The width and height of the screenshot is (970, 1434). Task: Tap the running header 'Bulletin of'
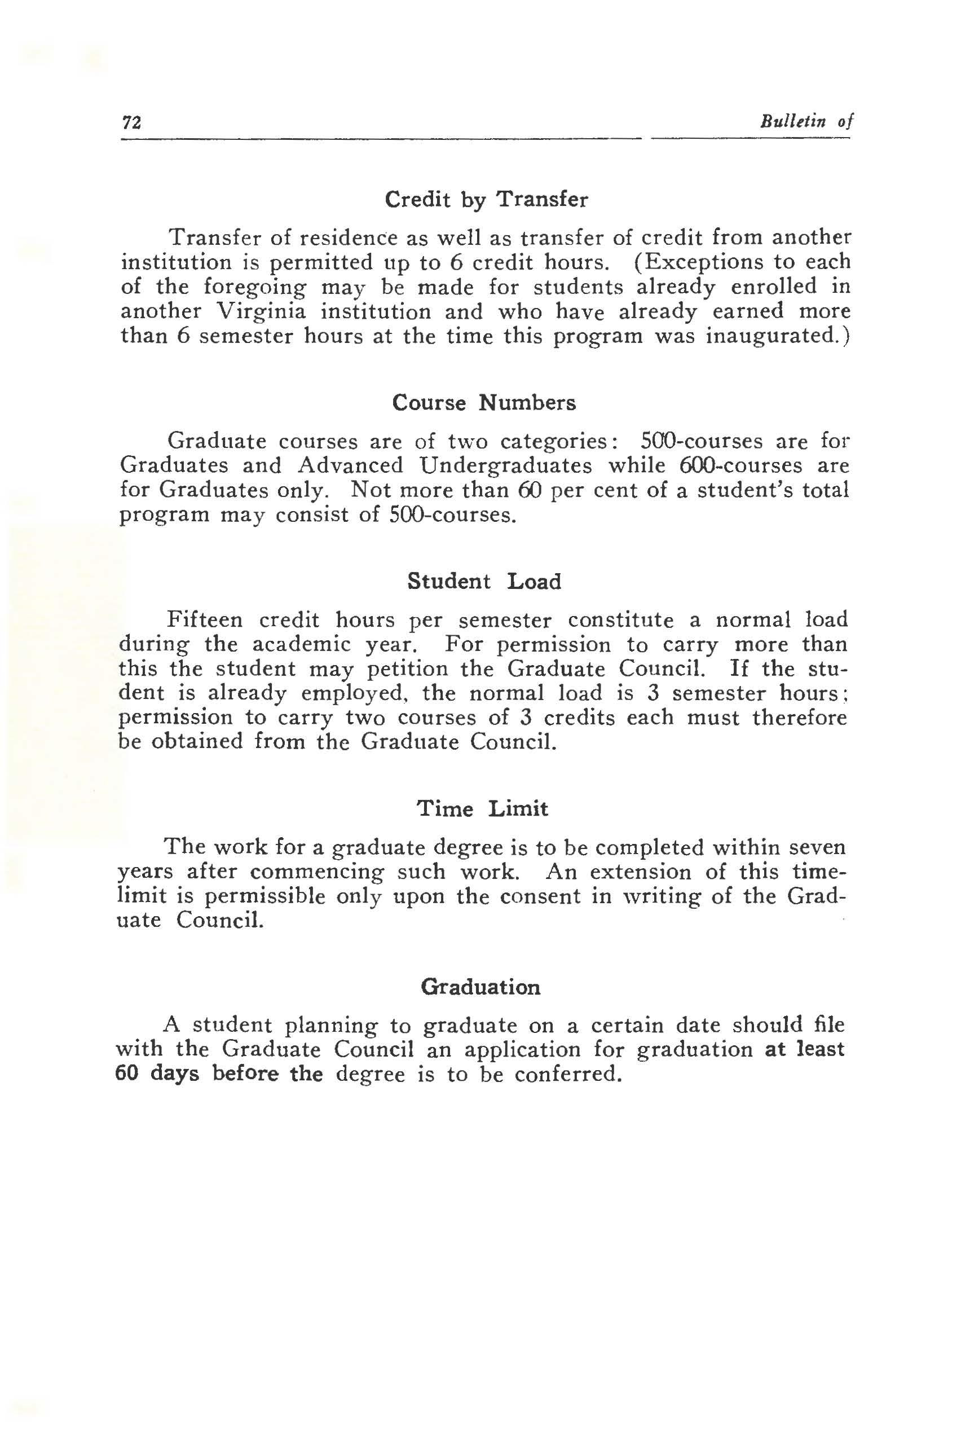806,121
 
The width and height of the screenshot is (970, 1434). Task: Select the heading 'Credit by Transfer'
486,200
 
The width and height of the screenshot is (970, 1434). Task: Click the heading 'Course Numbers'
484,403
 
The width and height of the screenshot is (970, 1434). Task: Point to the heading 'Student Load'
484,581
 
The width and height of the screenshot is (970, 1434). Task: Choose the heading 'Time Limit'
482,808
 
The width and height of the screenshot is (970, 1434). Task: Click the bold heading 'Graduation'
480,987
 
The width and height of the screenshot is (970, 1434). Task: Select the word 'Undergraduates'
505,465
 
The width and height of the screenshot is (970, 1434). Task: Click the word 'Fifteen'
206,619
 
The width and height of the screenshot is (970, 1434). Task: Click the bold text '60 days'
157,1074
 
